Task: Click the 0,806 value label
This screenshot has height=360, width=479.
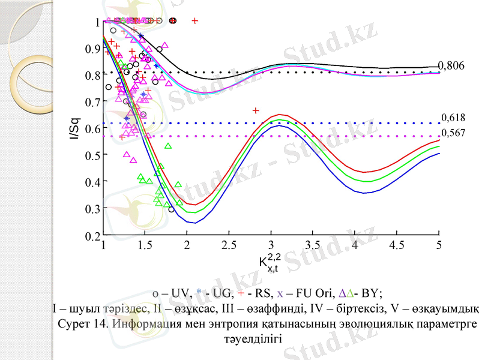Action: pos(451,65)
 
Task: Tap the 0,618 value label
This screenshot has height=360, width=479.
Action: pos(453,118)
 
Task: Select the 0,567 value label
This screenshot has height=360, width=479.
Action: pos(453,133)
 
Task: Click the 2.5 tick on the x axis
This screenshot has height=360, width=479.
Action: pos(229,245)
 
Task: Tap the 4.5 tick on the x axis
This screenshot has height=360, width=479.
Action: pos(397,245)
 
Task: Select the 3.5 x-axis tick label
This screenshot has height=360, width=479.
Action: pos(313,245)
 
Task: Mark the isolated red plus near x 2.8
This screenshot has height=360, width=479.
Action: pos(256,110)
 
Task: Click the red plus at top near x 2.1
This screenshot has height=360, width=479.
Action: pos(195,21)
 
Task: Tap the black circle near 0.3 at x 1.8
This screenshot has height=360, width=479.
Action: pos(172,209)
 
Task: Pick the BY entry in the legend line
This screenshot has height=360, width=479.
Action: pos(364,293)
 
